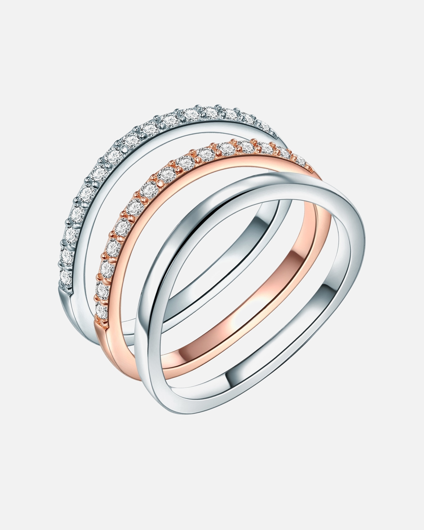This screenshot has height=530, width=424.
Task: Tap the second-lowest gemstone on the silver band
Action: [68, 255]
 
